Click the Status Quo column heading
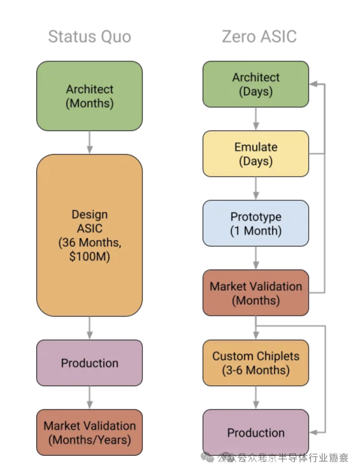tap(89, 37)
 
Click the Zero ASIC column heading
tap(259, 37)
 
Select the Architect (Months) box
tap(89, 96)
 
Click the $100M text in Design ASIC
tap(89, 257)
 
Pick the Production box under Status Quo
tap(89, 363)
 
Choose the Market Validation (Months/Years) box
tap(89, 433)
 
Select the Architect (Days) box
tap(256, 84)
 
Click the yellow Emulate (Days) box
tap(256, 154)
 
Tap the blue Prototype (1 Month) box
tap(256, 223)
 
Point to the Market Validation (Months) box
tap(256, 293)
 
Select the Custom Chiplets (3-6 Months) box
tap(256, 363)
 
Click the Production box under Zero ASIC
tap(256, 432)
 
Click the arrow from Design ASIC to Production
tap(89, 328)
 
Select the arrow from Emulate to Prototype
tap(256, 188)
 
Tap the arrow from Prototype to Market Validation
tap(256, 258)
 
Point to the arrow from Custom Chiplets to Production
tap(256, 398)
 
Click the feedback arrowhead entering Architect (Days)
tap(313, 84)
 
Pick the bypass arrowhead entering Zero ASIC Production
tap(313, 432)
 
